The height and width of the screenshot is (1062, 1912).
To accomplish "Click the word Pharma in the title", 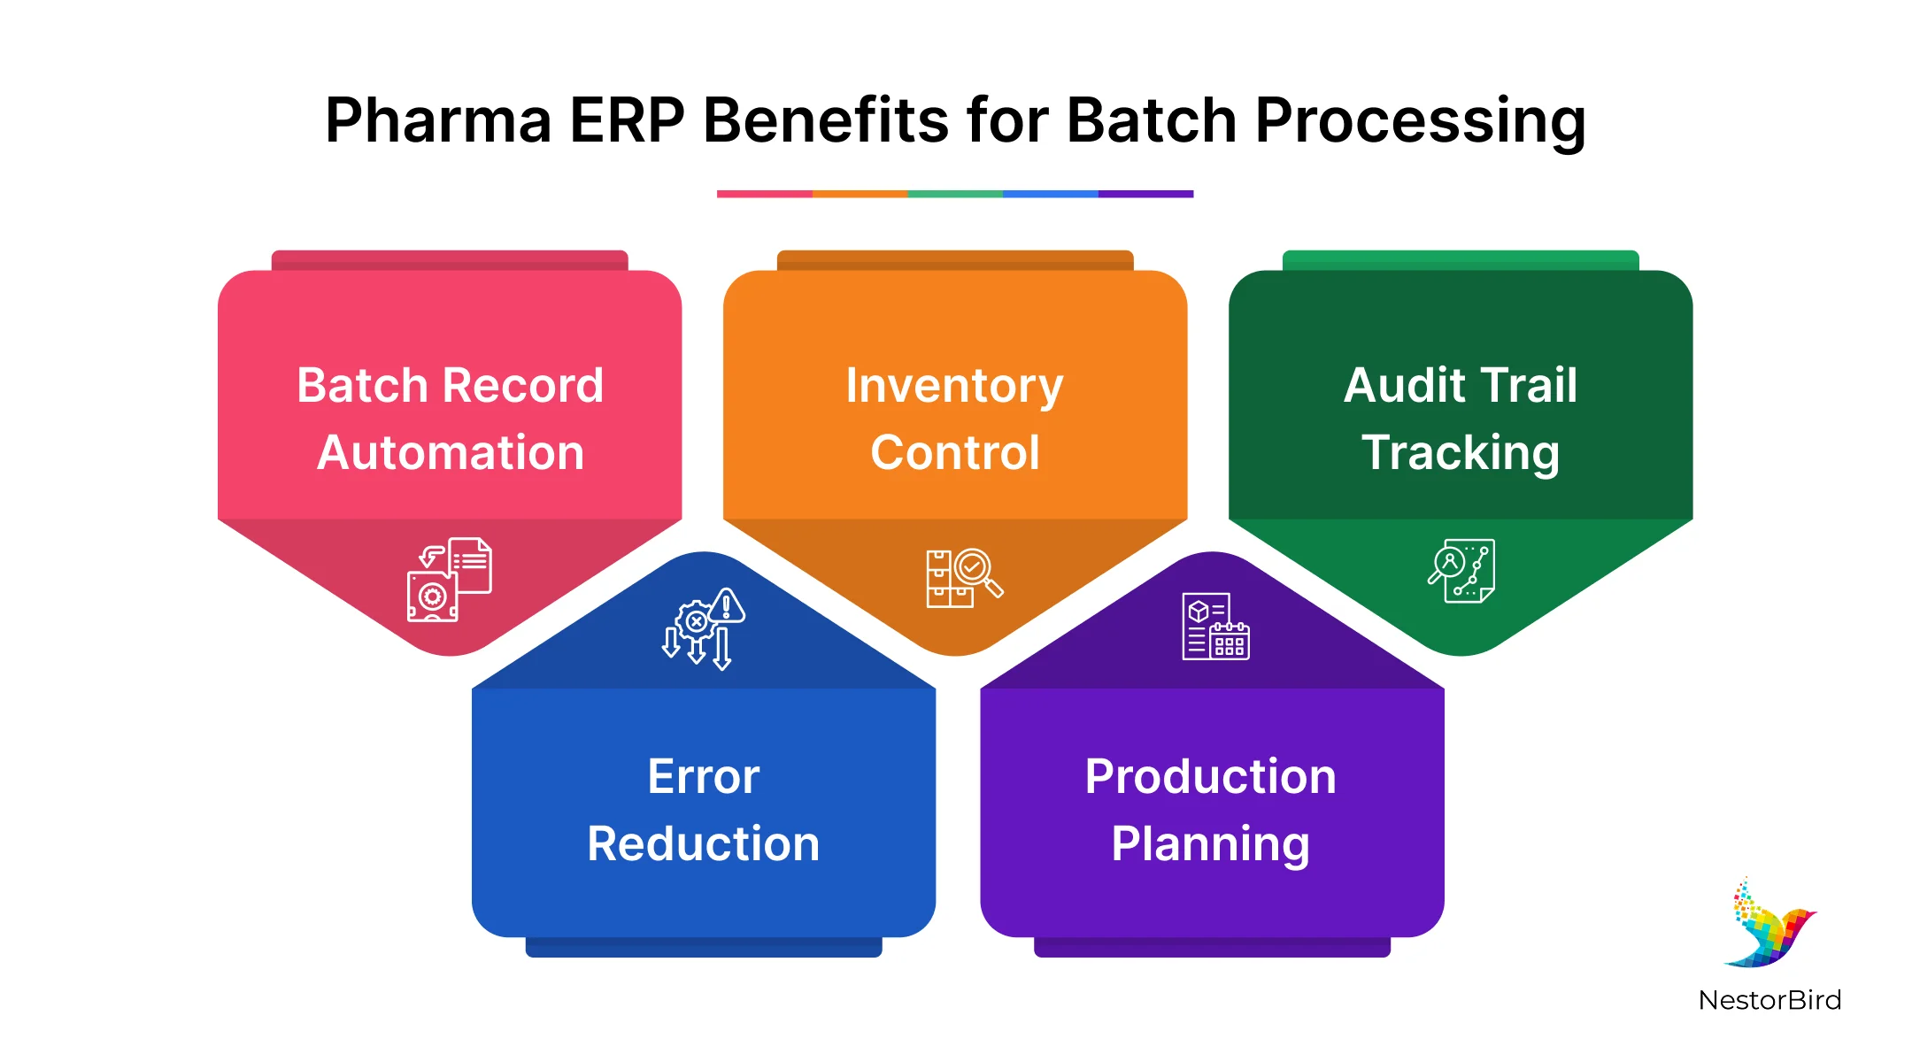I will (439, 120).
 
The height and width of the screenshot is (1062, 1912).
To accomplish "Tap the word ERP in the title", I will (627, 120).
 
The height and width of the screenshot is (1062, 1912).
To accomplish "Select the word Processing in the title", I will (1420, 122).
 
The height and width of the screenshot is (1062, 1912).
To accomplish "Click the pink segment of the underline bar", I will (765, 194).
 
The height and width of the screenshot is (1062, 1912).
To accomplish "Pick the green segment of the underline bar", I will (955, 194).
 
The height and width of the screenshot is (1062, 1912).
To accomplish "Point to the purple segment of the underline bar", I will (1145, 194).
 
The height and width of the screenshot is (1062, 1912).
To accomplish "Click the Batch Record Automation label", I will (450, 419).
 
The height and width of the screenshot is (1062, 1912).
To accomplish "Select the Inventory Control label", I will (955, 419).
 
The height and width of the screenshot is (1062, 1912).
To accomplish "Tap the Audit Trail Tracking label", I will (1461, 419).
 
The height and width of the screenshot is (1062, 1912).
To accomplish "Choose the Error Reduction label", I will (704, 810).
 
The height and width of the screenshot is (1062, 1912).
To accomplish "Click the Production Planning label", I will (1211, 810).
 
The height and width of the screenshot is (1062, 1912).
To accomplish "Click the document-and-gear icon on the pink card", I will (450, 579).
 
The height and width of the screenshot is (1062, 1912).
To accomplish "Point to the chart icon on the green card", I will (1461, 571).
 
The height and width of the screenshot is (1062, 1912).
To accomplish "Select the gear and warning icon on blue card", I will (704, 628).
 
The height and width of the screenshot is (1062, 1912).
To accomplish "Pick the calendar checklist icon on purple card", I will (1215, 627).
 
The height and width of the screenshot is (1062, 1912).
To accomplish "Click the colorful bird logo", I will (1770, 924).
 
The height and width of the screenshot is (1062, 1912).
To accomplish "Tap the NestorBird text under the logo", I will (1770, 1000).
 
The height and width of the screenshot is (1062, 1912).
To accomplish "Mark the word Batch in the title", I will (1152, 120).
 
